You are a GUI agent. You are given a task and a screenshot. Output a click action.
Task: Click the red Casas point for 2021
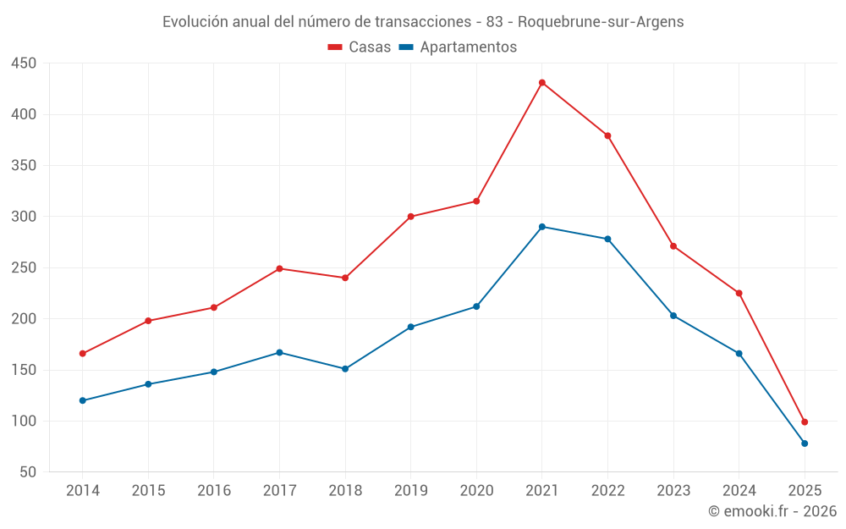pos(542,82)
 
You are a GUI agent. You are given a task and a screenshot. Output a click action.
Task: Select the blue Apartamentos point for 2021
pos(542,227)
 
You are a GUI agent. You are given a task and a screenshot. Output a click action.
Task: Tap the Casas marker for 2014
pos(83,354)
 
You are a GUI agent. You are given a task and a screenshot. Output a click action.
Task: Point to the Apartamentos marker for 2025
pos(805,444)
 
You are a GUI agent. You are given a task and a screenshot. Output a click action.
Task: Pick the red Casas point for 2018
pos(345,278)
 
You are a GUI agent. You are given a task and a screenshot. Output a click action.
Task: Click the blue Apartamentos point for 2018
pos(345,369)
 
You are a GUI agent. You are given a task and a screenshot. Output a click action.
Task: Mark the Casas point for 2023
pos(673,246)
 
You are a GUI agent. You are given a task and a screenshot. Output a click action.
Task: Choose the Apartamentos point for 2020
pos(476,306)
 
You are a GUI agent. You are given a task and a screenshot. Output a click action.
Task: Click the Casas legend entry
pos(360,47)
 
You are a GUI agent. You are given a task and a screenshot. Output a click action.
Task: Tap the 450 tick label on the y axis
pos(25,63)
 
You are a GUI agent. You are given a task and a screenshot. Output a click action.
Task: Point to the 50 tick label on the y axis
pos(29,472)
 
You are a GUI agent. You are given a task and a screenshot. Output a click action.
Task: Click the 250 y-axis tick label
pos(25,267)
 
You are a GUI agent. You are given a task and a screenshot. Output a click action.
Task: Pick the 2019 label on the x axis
pos(411,491)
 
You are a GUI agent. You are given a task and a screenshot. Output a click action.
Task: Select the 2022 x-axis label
pos(608,491)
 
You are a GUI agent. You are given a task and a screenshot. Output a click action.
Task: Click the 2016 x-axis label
pos(214,491)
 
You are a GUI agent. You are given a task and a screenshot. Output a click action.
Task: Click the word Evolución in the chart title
pos(195,22)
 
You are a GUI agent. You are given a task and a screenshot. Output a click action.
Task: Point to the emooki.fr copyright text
pos(772,511)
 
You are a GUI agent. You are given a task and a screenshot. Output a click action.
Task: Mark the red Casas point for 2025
pos(805,422)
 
